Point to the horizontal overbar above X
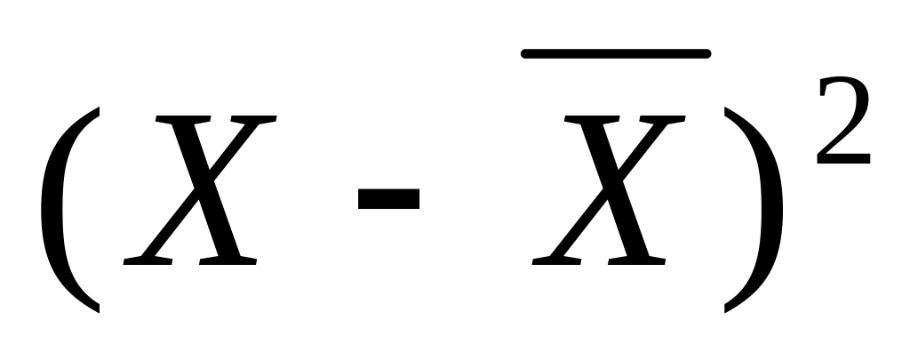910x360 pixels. [x=616, y=54]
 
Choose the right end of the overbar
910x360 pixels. [x=707, y=54]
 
